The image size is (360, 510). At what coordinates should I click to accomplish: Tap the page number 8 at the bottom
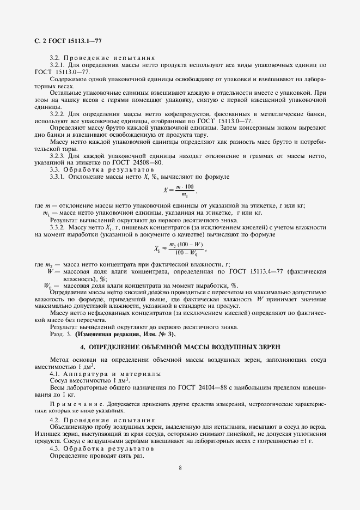coord(180,467)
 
